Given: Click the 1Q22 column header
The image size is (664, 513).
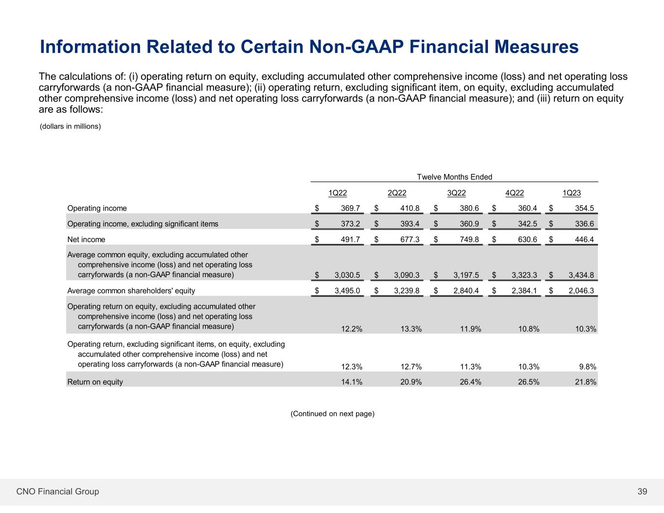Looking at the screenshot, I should click(x=338, y=193).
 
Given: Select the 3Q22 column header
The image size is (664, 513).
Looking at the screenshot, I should click(x=456, y=193).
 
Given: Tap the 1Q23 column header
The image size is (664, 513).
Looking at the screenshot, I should click(x=572, y=193).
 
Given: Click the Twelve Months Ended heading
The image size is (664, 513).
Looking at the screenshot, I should click(x=454, y=177).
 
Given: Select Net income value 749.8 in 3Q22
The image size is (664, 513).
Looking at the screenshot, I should click(x=469, y=239).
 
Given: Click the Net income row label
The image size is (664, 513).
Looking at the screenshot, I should click(x=86, y=239).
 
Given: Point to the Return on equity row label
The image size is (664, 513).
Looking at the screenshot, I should click(x=95, y=382).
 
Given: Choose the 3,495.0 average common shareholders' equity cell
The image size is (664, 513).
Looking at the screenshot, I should click(x=347, y=291).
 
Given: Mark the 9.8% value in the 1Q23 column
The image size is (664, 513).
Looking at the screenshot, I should click(x=587, y=367).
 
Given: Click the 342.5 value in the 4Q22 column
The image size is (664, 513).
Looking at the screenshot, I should click(x=527, y=224).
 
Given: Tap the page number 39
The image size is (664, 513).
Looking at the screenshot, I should click(x=642, y=492).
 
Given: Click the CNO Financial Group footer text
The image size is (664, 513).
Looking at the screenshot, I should click(x=57, y=492).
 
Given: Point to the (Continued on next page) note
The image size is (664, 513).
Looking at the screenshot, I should click(x=332, y=414).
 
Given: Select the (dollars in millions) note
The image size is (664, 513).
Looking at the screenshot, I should click(x=70, y=126).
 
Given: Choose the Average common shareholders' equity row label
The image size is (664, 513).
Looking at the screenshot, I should click(x=131, y=291).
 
